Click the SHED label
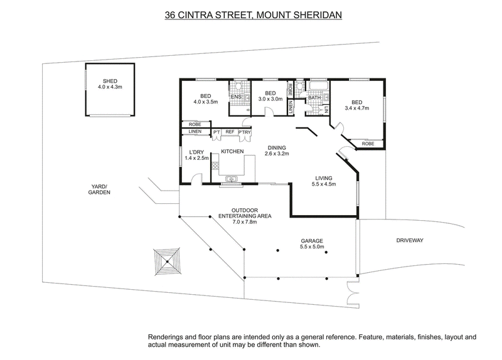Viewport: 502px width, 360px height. click(110, 81)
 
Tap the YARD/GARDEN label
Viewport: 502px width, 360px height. click(99, 189)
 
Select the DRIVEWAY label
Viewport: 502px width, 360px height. click(410, 240)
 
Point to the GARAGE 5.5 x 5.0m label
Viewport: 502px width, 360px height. click(312, 243)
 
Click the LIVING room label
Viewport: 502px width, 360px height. click(324, 181)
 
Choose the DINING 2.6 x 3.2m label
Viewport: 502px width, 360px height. click(277, 151)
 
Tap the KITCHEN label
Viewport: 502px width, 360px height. click(232, 151)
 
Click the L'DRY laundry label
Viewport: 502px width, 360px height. click(196, 155)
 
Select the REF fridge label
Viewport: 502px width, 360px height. click(230, 132)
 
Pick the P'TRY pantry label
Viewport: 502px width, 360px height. click(245, 132)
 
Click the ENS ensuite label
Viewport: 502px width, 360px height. click(237, 97)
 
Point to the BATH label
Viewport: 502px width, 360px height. click(314, 98)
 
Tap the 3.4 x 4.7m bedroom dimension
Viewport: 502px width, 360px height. click(357, 108)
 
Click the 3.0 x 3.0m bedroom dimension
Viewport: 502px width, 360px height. click(270, 99)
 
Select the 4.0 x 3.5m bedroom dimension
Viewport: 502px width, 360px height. click(206, 102)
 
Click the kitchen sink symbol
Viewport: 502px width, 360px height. click(230, 179)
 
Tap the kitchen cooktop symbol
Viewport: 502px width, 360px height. click(215, 166)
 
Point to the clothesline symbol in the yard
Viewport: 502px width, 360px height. click(167, 262)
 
